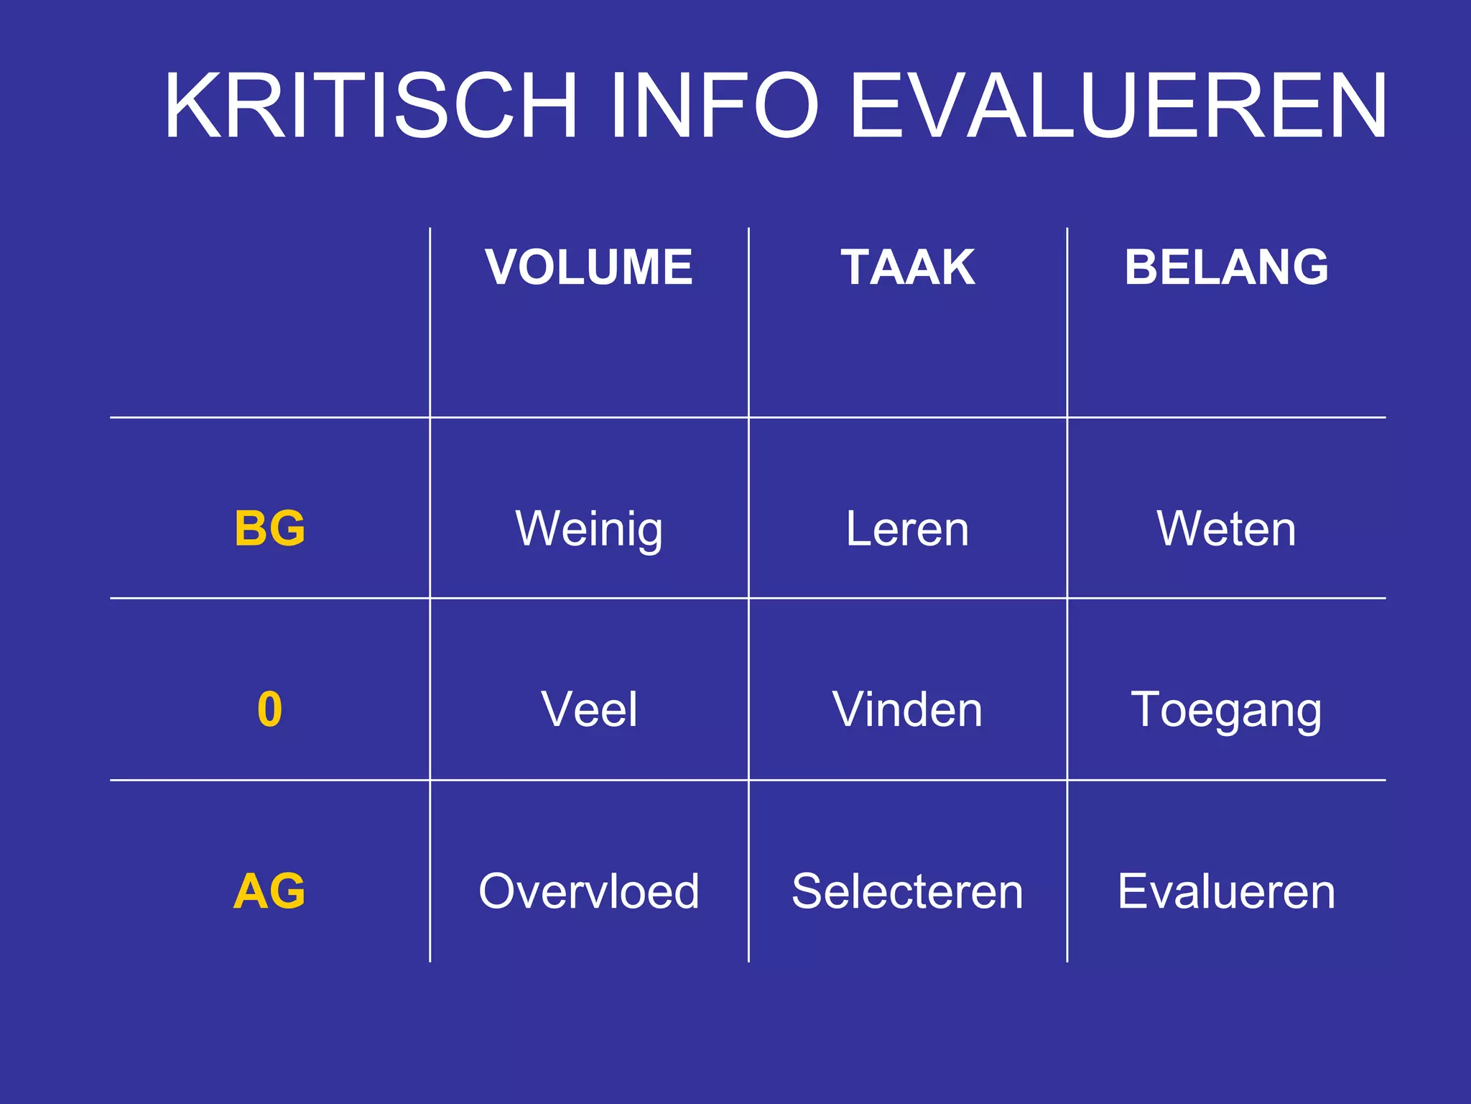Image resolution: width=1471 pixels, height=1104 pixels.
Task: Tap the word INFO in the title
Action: (x=714, y=106)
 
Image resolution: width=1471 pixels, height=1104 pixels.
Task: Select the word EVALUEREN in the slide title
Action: (x=1118, y=106)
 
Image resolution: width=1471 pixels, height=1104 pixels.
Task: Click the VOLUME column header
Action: (x=589, y=267)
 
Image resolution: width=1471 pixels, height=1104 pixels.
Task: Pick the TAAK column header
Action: (x=908, y=267)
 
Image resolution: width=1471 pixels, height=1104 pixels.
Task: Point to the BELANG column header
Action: (x=1227, y=267)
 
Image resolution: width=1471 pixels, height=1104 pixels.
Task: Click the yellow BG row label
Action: (x=270, y=528)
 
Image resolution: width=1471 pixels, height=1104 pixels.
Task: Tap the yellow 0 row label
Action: (x=270, y=709)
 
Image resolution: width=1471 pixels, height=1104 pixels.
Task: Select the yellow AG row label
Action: (x=270, y=891)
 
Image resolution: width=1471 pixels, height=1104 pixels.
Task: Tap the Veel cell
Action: (x=589, y=710)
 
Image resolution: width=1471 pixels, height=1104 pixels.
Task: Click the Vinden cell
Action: (x=908, y=710)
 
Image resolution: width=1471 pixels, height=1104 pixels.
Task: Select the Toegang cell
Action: (x=1227, y=710)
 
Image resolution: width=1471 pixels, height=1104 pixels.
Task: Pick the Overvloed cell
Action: (x=589, y=892)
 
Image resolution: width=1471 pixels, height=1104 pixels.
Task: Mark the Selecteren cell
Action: (x=908, y=892)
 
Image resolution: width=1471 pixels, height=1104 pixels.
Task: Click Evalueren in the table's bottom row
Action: (x=1227, y=892)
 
